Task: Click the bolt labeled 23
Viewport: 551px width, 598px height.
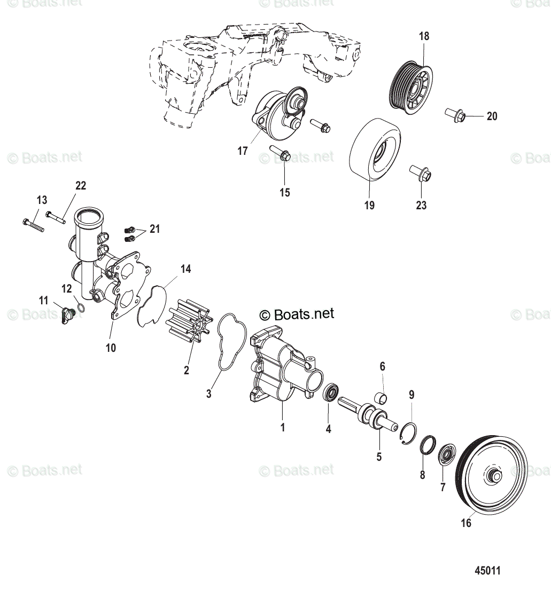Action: (421, 173)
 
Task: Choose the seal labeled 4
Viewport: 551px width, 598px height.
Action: (332, 395)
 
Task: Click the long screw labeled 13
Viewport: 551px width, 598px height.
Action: (33, 225)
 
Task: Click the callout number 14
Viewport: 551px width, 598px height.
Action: (185, 269)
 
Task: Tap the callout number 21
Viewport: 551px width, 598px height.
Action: (154, 229)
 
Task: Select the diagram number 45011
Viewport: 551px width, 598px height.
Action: (487, 571)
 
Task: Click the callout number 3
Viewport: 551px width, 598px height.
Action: (209, 394)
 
